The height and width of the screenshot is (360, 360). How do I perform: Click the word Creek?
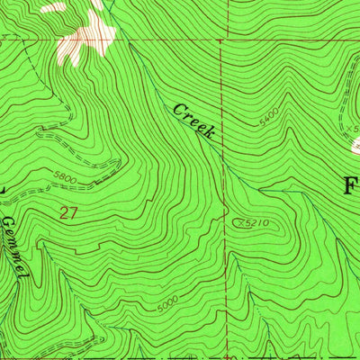coord(193,121)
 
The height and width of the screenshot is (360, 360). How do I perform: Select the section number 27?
coord(68,213)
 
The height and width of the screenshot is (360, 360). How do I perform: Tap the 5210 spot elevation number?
coord(257,221)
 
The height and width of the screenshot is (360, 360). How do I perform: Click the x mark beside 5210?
coord(237,220)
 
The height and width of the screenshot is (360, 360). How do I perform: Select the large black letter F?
coord(352,186)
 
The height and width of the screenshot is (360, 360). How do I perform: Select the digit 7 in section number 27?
coord(73,213)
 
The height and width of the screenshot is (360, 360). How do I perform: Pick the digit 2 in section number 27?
coord(64,213)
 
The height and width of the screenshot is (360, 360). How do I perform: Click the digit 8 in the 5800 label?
coord(61,177)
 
